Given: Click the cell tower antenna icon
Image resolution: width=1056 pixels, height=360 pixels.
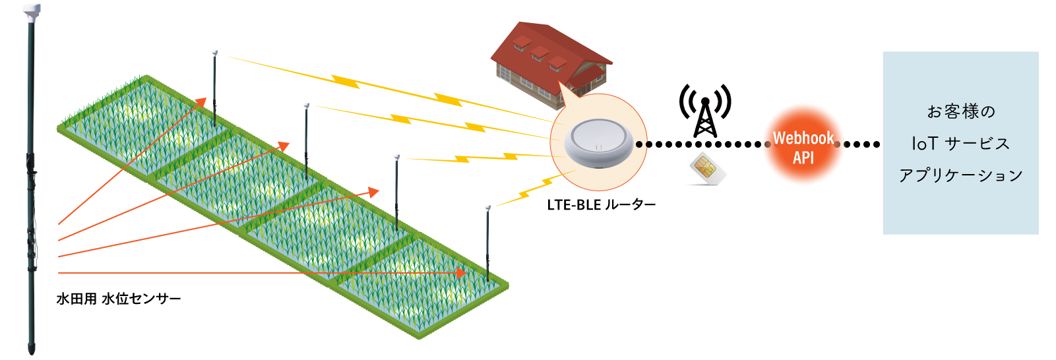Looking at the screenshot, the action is pos(705,111).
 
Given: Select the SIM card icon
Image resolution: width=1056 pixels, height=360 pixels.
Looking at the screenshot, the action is pos(707,168).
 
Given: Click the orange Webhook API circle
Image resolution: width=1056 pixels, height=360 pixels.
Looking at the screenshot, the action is pos(803,144).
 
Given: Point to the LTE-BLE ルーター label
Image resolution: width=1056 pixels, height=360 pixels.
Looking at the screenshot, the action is pos(602,205).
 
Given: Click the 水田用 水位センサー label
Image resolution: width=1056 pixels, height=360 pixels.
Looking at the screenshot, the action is pos(119,299).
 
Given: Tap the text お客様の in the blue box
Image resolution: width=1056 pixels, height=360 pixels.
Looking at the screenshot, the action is pos(961,111).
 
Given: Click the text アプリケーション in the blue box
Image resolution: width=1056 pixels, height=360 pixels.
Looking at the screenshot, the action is pos(961,175).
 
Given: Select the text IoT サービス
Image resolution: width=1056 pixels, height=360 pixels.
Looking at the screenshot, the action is pos(961,143).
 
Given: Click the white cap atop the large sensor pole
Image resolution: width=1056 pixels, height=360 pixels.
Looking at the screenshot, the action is pos(32,11).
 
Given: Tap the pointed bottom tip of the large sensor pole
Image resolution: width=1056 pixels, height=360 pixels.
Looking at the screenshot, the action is pos(32,353).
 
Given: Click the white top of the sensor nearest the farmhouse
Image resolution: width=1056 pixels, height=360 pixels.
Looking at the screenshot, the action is pos(215,52).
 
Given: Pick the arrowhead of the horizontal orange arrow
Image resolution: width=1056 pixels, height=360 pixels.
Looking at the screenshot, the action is pos(461,273).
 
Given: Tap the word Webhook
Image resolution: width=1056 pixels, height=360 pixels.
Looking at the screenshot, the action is pos(803,138).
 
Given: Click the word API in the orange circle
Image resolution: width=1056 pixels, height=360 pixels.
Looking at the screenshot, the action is pos(803,158).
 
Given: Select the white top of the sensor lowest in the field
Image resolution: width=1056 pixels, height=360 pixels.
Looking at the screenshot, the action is pos(488,208).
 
